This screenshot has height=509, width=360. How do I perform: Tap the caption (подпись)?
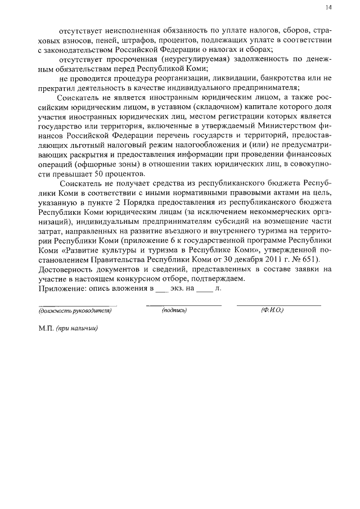(x=174, y=310)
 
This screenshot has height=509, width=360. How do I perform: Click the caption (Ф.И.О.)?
(x=272, y=310)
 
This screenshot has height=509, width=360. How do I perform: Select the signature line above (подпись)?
(x=184, y=305)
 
